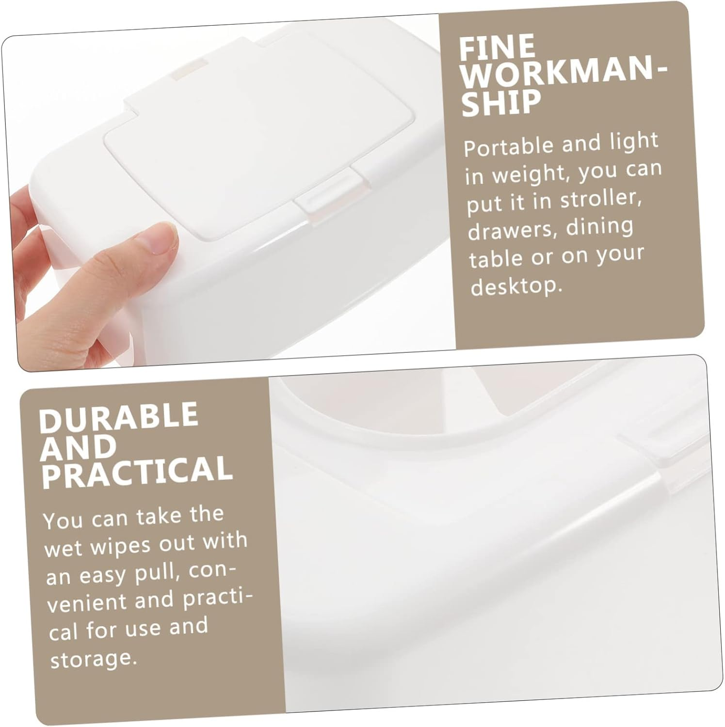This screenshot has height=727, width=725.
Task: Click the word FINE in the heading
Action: pyautogui.click(x=497, y=47)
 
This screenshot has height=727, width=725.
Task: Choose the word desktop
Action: pyautogui.click(x=516, y=286)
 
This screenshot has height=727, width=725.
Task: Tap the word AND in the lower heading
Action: pyautogui.click(x=78, y=447)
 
